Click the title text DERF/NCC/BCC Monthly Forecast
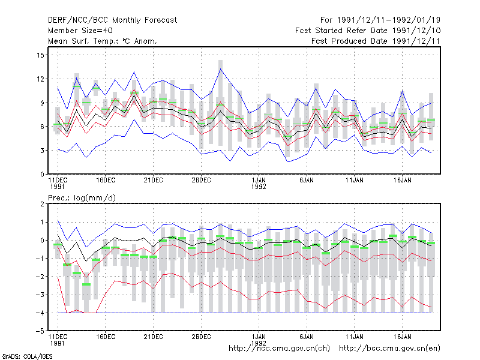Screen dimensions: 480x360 pos(112,20)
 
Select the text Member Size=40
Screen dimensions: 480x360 pos(80,31)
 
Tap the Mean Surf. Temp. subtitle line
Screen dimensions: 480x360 pos(103,41)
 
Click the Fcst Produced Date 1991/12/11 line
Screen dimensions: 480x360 pos(376,41)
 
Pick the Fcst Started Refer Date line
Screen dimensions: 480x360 pos(368,31)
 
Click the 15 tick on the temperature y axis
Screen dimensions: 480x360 pos(40,55)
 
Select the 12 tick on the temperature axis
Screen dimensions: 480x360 pos(40,79)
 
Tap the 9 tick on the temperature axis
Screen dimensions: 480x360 pos(42,103)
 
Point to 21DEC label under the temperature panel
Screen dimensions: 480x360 pos(154,181)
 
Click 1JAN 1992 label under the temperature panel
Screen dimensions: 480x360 pos(259,183)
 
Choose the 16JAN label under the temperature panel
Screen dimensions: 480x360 pos(402,181)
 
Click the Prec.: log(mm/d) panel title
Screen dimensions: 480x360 pos(82,198)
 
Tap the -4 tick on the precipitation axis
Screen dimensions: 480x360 pos(40,313)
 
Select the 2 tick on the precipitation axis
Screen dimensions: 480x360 pos(42,204)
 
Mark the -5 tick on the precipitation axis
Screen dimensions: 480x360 pos(40,331)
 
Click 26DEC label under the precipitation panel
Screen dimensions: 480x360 pos(201,337)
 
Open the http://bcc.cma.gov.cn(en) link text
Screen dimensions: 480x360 pos(389,349)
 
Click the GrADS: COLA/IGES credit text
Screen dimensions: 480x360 pos(27,356)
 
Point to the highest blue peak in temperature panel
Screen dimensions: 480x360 pos(220,69)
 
